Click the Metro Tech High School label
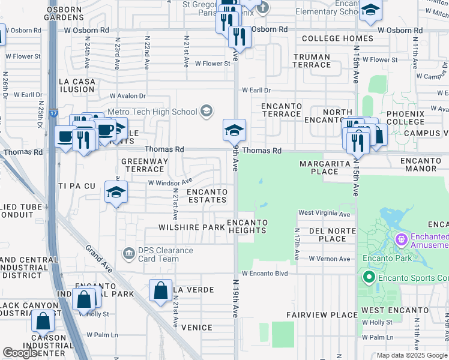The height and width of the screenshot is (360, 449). pyautogui.click(x=152, y=112)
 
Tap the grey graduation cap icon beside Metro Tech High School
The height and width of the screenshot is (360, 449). pyautogui.click(x=206, y=110)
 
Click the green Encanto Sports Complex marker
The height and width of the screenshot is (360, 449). pyautogui.click(x=368, y=277)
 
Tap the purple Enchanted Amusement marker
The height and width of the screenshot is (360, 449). pyautogui.click(x=402, y=240)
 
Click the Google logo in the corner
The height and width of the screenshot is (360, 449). pyautogui.click(x=20, y=353)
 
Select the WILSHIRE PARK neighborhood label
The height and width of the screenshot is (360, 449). pyautogui.click(x=191, y=227)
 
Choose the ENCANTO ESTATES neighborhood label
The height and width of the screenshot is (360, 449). pyautogui.click(x=206, y=196)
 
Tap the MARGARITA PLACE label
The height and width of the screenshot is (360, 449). pyautogui.click(x=325, y=167)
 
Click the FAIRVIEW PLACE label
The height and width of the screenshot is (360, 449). pyautogui.click(x=322, y=315)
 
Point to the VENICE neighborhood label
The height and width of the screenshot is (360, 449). pyautogui.click(x=197, y=328)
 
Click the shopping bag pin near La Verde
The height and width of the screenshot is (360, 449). pyautogui.click(x=161, y=291)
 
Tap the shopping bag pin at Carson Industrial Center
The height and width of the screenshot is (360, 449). pyautogui.click(x=43, y=321)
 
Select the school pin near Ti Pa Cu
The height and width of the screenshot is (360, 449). pyautogui.click(x=116, y=193)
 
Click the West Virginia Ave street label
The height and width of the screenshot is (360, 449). pyautogui.click(x=324, y=214)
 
